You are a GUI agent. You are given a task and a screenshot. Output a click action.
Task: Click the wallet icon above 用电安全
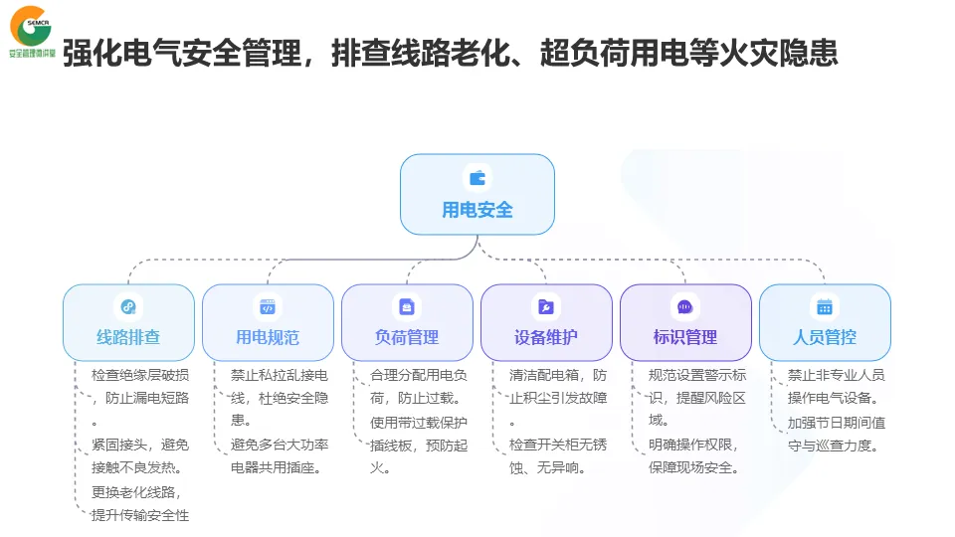(477, 178)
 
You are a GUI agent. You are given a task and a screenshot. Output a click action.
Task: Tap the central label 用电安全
(477, 210)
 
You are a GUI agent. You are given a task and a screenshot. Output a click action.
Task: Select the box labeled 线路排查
(128, 337)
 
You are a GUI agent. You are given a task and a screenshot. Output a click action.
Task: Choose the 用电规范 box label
(268, 337)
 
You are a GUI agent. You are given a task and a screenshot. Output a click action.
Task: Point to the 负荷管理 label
(407, 337)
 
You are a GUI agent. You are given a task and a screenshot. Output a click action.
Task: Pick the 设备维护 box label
(546, 337)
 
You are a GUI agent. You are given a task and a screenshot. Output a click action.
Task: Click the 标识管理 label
(685, 337)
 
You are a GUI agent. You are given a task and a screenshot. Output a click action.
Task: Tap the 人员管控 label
(825, 337)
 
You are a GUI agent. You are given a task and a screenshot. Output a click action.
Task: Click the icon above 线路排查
(128, 306)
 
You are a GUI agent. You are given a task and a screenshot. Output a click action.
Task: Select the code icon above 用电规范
(268, 306)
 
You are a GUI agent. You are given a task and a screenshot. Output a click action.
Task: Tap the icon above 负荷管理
(407, 306)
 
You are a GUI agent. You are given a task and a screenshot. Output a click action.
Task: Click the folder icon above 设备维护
(546, 306)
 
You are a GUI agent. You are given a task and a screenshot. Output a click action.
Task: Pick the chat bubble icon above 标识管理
(685, 306)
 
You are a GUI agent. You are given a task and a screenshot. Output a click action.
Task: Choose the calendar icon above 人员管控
(825, 306)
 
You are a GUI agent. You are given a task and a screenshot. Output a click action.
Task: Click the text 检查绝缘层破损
(140, 375)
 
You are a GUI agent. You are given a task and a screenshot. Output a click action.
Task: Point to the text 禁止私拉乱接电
(280, 375)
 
